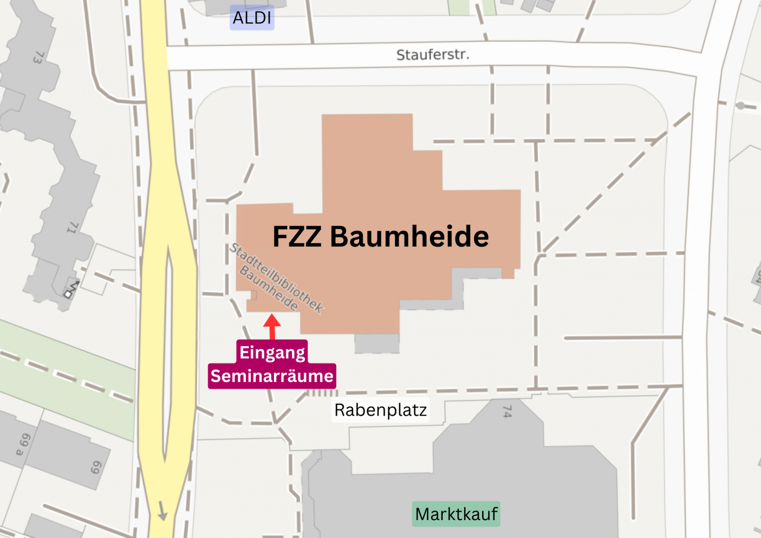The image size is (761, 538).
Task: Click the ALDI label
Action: [x=252, y=18]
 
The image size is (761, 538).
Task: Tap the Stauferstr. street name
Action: [x=433, y=54]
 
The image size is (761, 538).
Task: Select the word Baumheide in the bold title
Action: [x=409, y=236]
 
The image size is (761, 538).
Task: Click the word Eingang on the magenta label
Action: [x=272, y=352]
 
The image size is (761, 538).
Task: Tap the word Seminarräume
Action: [x=272, y=376]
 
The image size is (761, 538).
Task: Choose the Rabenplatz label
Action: [x=380, y=410]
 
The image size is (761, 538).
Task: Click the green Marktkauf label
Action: [x=456, y=514]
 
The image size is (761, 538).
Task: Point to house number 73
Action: [x=38, y=58]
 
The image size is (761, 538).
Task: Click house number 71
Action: [x=73, y=227]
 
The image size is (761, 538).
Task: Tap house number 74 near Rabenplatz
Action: [x=507, y=411]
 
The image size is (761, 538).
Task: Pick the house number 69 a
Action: [x=23, y=444]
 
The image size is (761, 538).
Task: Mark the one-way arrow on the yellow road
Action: [x=162, y=511]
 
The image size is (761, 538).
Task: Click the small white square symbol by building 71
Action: [x=68, y=294]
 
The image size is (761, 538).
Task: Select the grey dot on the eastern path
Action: [x=741, y=106]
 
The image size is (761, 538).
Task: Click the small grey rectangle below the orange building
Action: [x=377, y=343]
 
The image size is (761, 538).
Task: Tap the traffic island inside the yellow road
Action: [x=168, y=347]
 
